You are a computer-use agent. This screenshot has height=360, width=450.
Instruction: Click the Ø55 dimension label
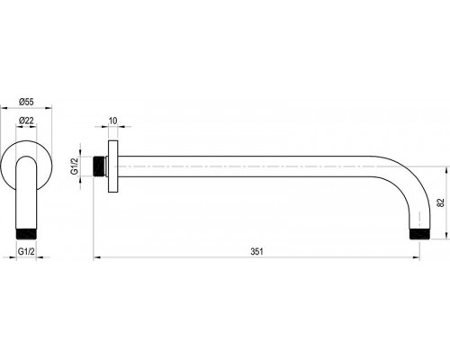click(x=26, y=102)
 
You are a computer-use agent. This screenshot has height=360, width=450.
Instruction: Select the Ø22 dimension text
click(x=26, y=121)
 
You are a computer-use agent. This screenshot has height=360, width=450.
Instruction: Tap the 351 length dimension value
click(x=256, y=251)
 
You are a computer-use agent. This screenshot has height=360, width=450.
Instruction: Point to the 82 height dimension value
click(x=441, y=202)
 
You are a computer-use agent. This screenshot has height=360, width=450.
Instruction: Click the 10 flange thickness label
click(x=112, y=121)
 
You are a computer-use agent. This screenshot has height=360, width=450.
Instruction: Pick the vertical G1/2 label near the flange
click(x=74, y=166)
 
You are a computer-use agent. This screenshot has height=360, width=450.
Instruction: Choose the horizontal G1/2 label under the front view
click(x=26, y=251)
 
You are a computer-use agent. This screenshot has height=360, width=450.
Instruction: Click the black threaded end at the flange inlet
click(x=99, y=166)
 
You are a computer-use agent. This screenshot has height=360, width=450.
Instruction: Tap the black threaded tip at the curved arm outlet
click(x=420, y=234)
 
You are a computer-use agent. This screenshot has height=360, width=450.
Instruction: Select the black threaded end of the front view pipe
click(x=26, y=234)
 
